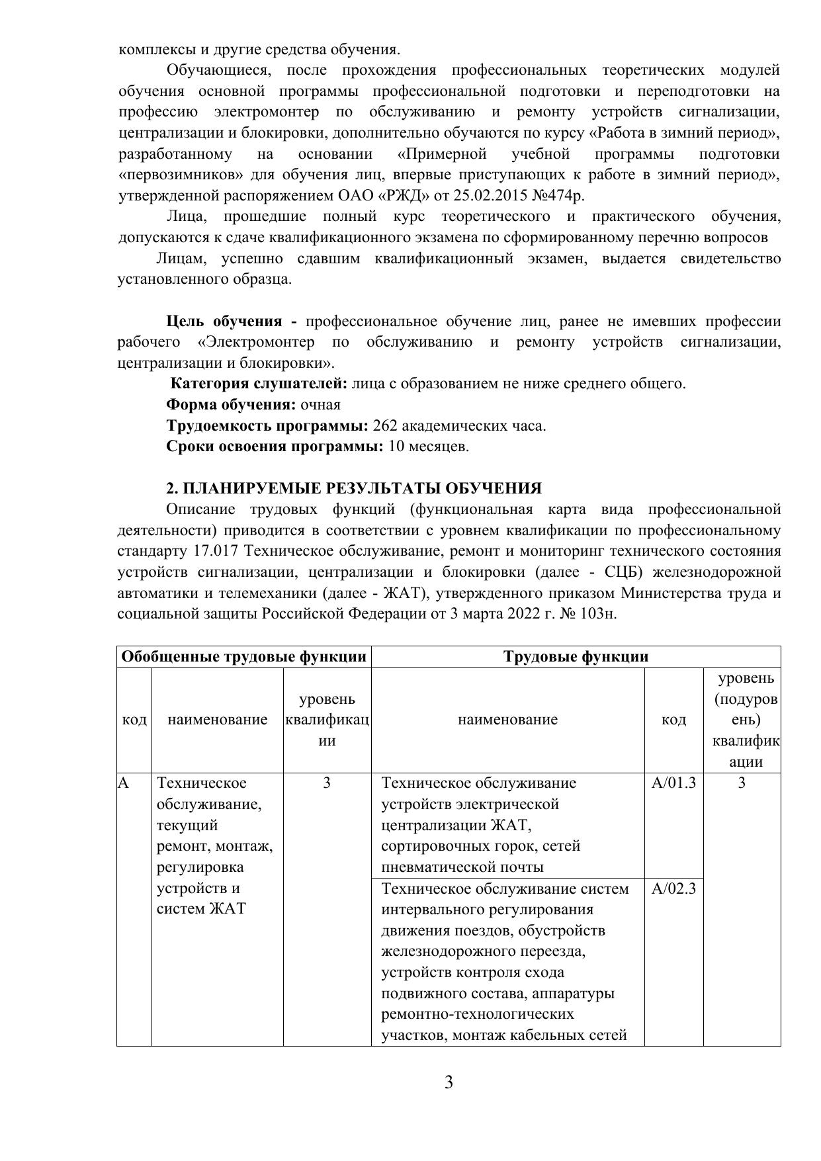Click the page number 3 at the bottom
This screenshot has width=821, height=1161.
(x=449, y=1083)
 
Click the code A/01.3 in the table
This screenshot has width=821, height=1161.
(x=673, y=783)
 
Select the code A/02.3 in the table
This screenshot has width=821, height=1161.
(x=673, y=888)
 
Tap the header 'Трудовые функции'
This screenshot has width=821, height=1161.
(x=576, y=657)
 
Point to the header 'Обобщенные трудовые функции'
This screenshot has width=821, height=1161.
(x=244, y=657)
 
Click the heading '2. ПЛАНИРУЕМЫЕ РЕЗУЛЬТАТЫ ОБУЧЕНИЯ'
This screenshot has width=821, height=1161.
(x=353, y=488)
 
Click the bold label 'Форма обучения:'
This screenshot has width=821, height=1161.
(x=231, y=405)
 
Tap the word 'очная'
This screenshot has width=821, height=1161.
(x=320, y=405)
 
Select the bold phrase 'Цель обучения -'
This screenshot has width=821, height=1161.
(x=232, y=322)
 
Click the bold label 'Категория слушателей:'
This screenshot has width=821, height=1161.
(x=259, y=384)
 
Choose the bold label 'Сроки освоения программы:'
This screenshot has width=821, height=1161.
(x=275, y=447)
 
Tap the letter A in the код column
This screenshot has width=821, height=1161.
(x=123, y=783)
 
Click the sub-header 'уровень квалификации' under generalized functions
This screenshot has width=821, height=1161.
(x=327, y=720)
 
